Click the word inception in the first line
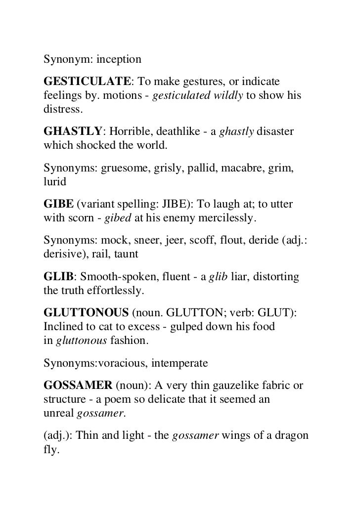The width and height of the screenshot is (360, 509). (119, 60)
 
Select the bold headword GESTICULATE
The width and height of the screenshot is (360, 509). (88, 81)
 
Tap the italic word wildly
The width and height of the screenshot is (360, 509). (228, 94)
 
